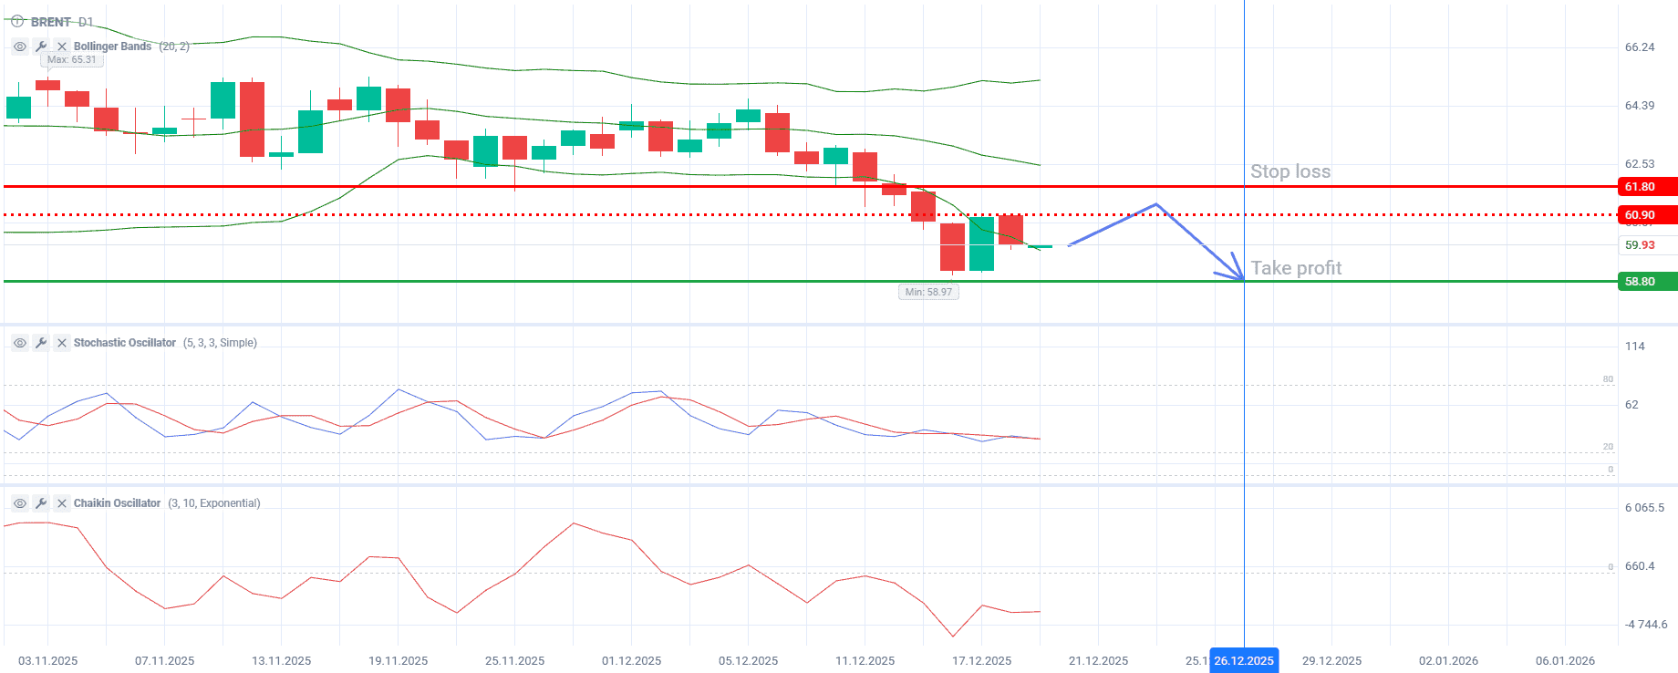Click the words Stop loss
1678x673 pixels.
pos(1290,171)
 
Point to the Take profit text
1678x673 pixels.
pos(1295,268)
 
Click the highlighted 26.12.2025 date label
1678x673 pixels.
pos(1243,660)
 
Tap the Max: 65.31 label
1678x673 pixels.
pos(71,60)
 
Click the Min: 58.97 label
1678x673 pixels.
pos(928,292)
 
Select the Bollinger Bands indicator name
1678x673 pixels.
pos(112,47)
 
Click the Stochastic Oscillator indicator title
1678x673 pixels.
pos(124,343)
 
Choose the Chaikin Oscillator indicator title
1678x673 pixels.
pos(117,503)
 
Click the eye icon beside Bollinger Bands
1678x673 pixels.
pos(20,47)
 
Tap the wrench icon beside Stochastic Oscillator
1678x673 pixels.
pos(41,343)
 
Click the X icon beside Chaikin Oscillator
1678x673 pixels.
pos(62,503)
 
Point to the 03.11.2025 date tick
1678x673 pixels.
pos(47,660)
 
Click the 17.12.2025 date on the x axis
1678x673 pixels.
pos(981,660)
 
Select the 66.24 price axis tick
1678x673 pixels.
pos(1639,47)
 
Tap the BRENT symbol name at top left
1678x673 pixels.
pos(50,22)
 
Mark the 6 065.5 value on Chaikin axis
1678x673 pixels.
pos(1643,508)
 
